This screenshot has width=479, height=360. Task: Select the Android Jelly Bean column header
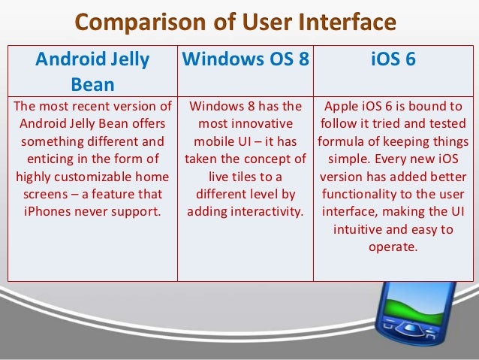click(x=93, y=70)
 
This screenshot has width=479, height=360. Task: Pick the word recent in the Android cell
click(x=85, y=107)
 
